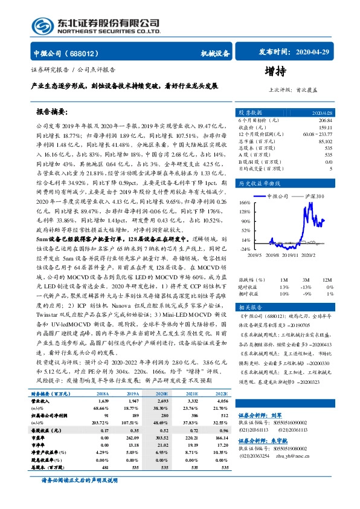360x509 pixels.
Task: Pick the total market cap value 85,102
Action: [323, 141]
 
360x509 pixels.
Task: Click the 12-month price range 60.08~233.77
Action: [317, 134]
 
